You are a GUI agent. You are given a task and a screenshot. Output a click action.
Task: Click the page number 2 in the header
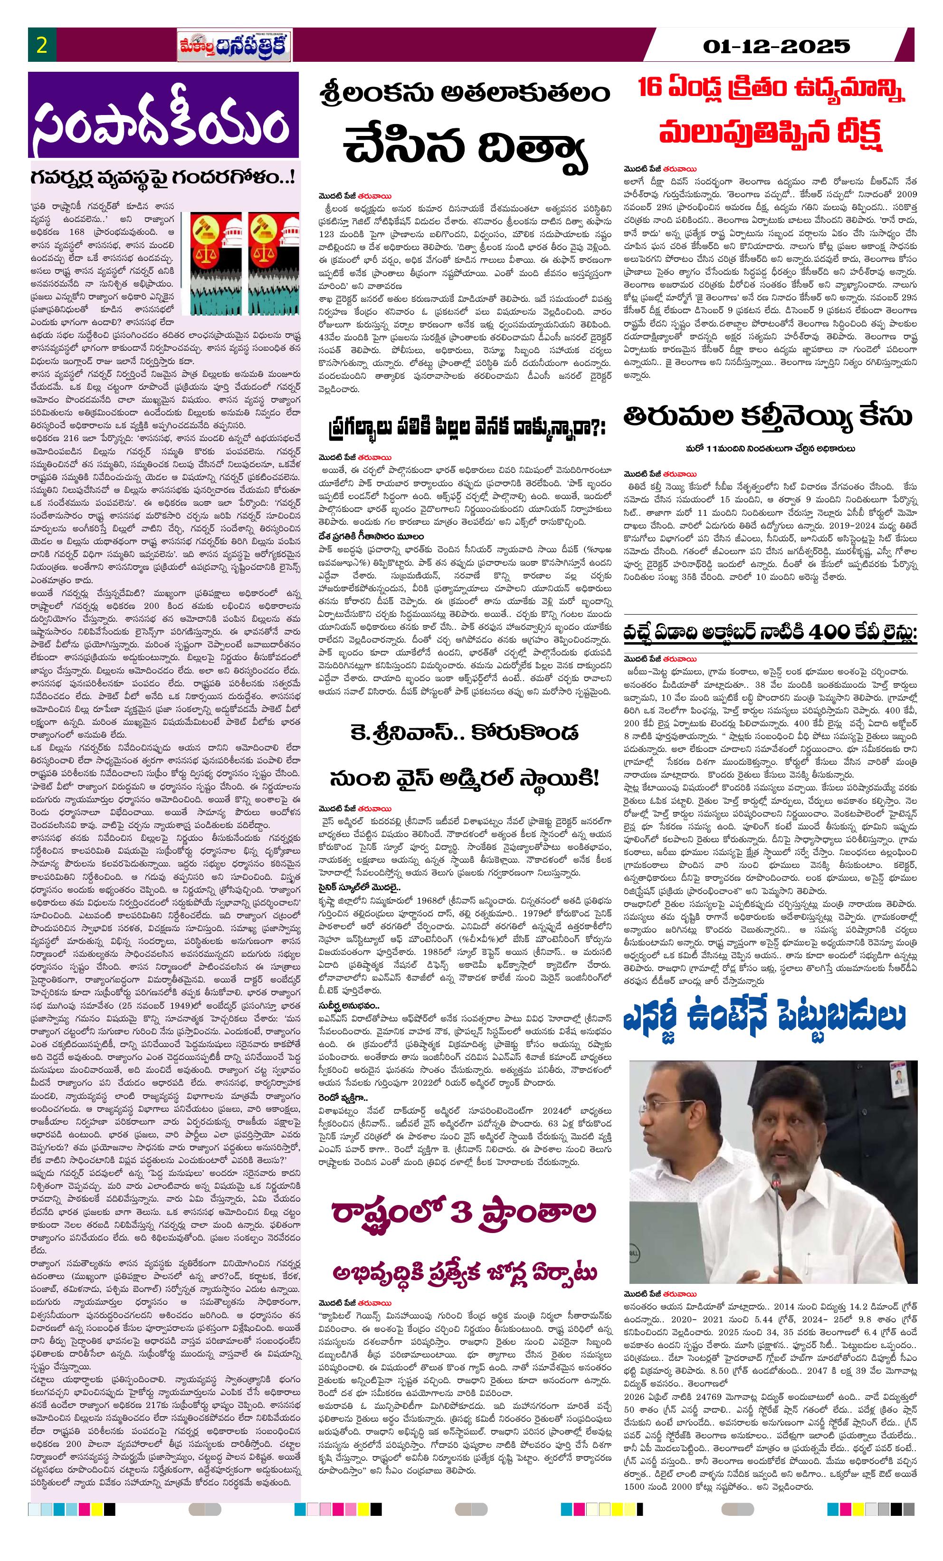[x=42, y=46]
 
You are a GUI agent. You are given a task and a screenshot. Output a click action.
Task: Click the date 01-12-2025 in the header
[x=776, y=46]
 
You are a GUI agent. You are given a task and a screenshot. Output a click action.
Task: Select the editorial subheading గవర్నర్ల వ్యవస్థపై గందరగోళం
[x=163, y=177]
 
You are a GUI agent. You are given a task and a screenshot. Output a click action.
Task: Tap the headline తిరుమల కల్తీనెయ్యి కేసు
[x=768, y=417]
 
